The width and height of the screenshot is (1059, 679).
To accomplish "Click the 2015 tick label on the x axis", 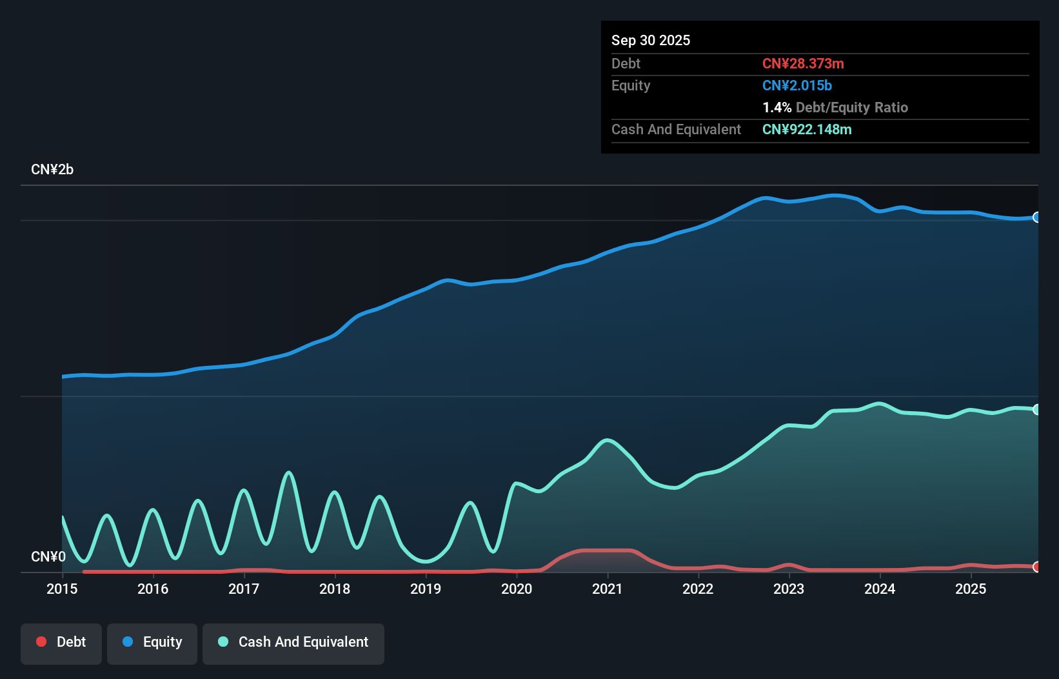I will (62, 589).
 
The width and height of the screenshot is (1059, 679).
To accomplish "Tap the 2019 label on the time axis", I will (426, 589).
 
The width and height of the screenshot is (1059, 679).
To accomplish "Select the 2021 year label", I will (608, 589).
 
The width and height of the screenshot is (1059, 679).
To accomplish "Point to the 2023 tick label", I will (789, 589).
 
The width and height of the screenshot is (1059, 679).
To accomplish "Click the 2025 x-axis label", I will (971, 589).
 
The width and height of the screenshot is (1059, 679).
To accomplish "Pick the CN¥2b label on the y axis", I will (52, 170).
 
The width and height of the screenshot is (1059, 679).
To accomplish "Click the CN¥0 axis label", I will (48, 556).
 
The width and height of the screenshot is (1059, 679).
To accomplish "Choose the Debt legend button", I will (61, 642).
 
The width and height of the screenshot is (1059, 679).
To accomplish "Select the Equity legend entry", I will (152, 642).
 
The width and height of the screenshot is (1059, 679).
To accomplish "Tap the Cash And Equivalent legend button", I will (293, 642).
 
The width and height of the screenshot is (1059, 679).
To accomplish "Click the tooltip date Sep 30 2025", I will (651, 40).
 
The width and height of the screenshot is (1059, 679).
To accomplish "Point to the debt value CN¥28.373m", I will (803, 63).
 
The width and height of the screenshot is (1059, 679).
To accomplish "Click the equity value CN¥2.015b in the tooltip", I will (797, 85).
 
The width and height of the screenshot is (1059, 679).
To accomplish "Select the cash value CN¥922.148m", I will (807, 129).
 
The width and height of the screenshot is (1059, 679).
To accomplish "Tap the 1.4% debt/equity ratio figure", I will (777, 107).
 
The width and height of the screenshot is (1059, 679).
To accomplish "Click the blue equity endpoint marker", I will (1036, 218).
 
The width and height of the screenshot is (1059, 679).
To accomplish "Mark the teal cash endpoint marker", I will (1036, 409).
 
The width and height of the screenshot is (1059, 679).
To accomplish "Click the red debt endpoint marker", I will (1036, 567).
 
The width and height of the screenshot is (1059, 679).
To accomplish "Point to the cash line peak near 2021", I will (607, 440).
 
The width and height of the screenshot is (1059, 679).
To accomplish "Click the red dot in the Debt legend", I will (41, 642).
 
